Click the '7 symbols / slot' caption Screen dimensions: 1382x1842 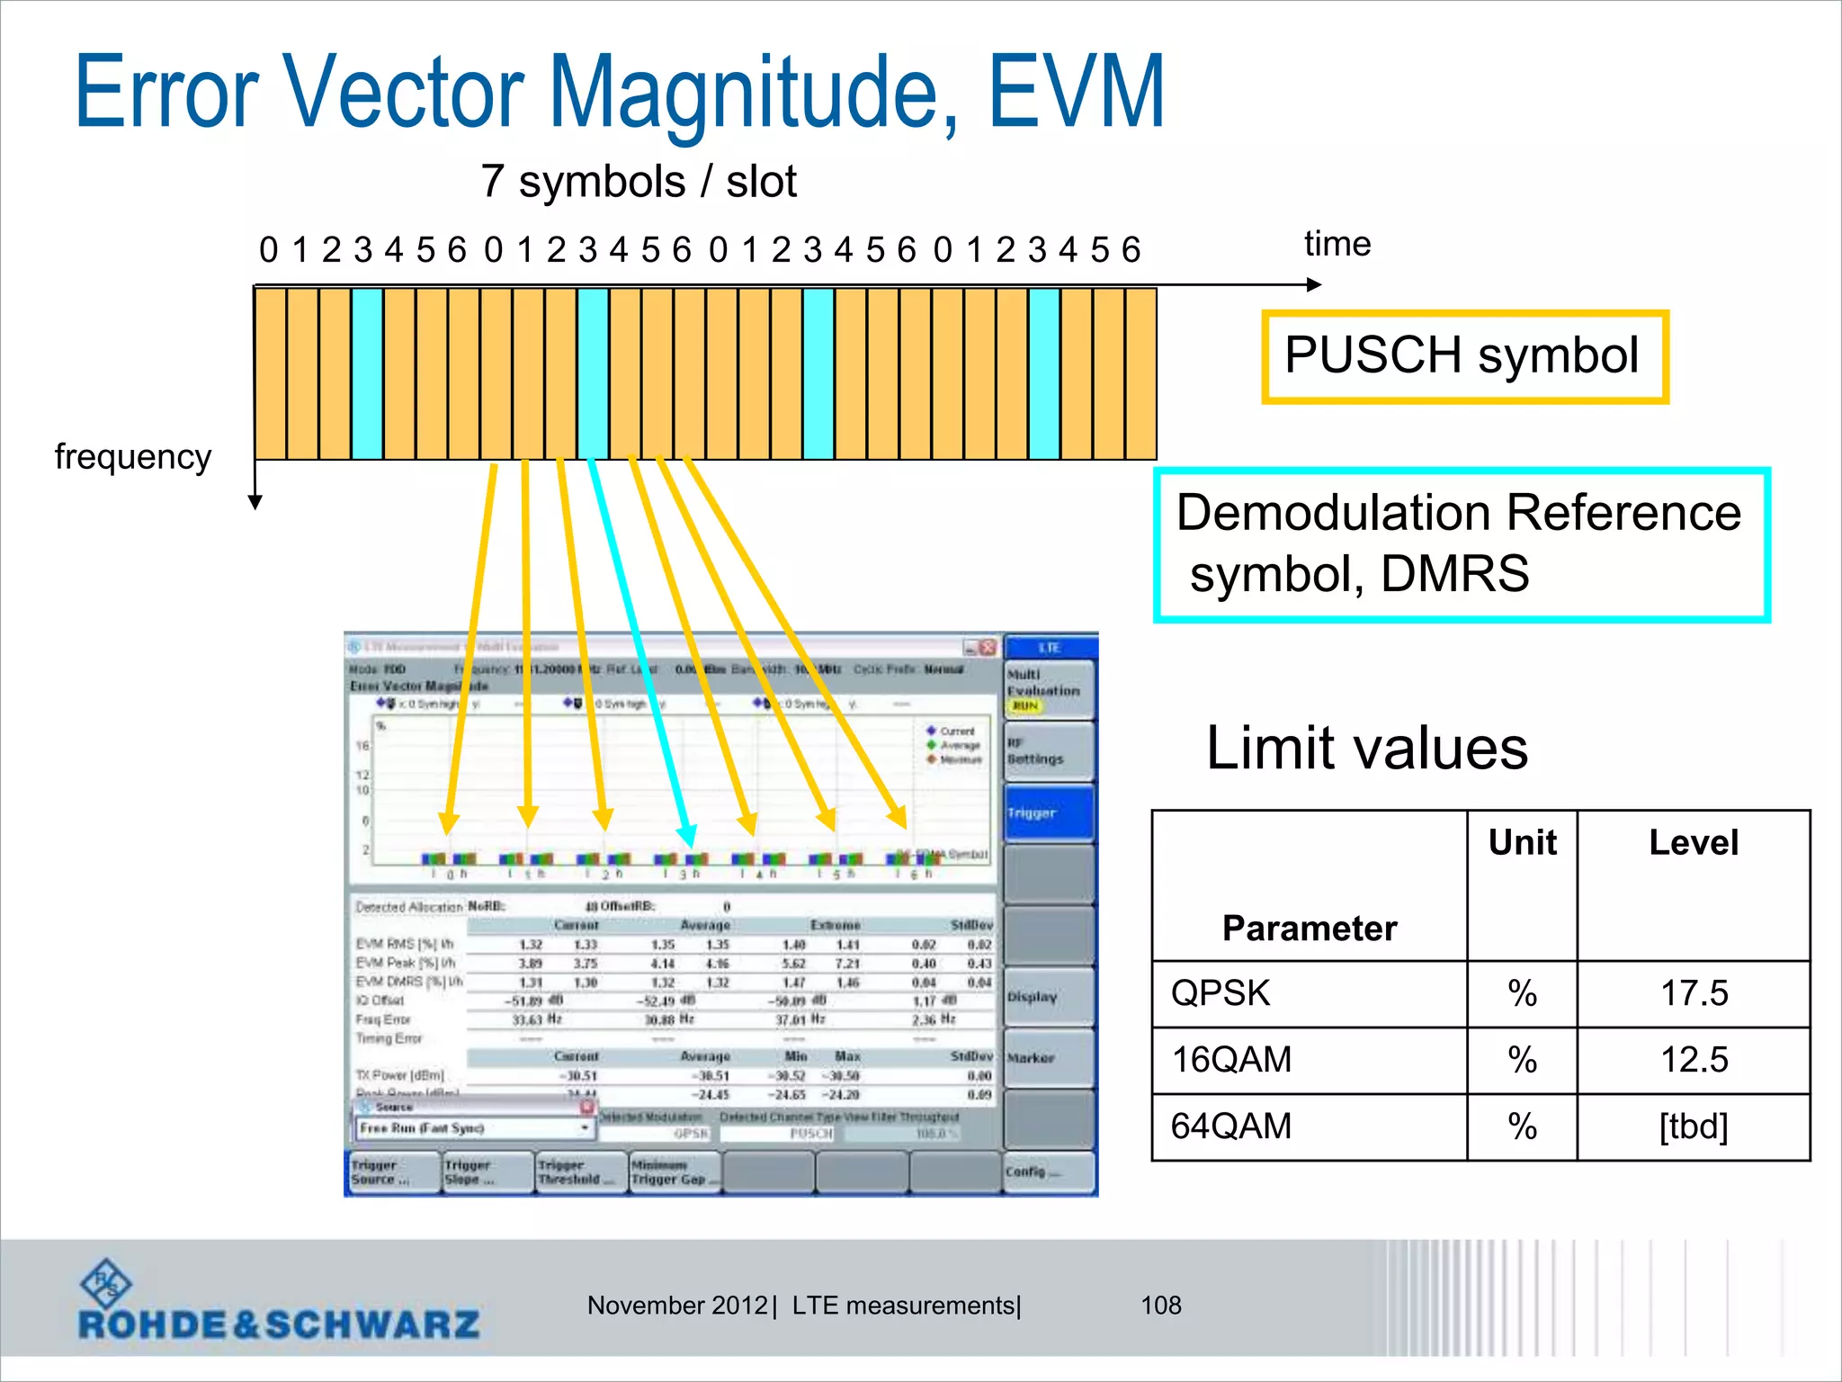click(638, 182)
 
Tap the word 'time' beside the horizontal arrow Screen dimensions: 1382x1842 click(1337, 244)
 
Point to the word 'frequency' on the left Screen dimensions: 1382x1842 click(133, 457)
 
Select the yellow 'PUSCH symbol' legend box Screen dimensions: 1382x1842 click(1464, 356)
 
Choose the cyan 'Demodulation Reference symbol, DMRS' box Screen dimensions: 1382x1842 click(1461, 544)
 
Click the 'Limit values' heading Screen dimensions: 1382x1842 click(1366, 748)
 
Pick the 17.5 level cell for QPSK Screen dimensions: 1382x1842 click(1693, 993)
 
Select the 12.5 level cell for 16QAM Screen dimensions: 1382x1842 click(1693, 1060)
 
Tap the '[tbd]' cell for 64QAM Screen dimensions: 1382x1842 click(1693, 1126)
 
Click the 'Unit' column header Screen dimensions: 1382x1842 click(1522, 843)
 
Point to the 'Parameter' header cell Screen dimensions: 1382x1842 click(1310, 928)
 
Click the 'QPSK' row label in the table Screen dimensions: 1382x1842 click(1221, 993)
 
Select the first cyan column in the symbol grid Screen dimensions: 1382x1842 click(367, 373)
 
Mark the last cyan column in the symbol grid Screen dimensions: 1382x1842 click(1044, 373)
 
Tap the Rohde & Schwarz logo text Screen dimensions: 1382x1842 click(279, 1324)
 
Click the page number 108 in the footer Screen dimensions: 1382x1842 click(1160, 1306)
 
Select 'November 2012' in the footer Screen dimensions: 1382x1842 click(676, 1306)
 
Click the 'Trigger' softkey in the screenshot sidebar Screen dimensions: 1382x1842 click(1049, 812)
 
